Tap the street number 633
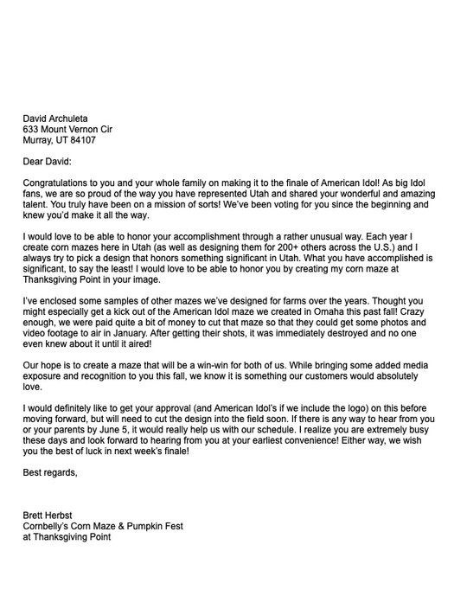pyautogui.click(x=31, y=130)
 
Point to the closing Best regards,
pyautogui.click(x=50, y=473)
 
